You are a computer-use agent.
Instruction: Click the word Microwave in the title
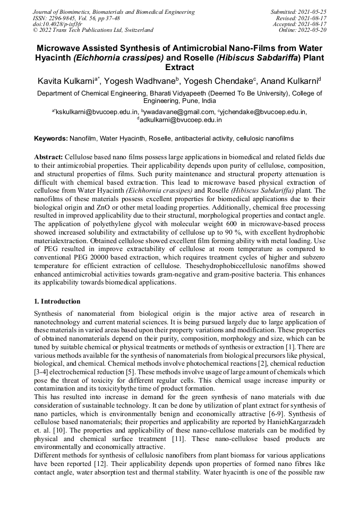coord(60,48)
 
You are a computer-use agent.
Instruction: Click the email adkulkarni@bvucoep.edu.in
coord(180,120)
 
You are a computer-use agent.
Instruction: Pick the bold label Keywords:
coord(51,139)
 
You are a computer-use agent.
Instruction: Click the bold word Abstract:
coord(49,158)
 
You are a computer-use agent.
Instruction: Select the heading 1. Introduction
coord(57,301)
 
